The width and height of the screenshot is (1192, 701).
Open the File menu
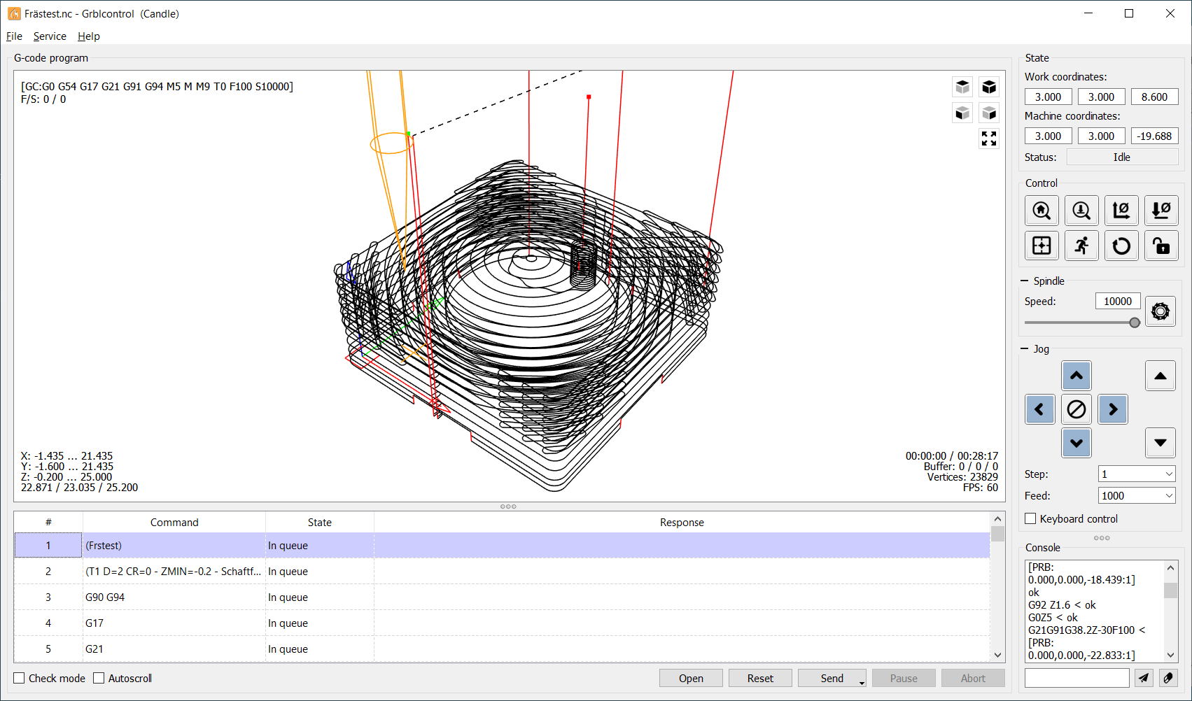[14, 36]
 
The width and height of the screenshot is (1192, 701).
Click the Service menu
[50, 36]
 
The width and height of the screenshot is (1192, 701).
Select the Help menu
[88, 36]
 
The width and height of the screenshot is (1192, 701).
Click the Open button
[691, 678]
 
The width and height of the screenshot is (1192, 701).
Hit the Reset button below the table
[760, 678]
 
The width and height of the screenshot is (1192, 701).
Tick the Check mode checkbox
[19, 678]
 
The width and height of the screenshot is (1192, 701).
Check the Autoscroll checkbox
[99, 678]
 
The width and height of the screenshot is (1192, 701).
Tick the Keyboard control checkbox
[1030, 518]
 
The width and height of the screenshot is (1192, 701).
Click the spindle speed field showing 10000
[1118, 301]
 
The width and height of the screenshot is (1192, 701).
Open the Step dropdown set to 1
[1136, 474]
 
